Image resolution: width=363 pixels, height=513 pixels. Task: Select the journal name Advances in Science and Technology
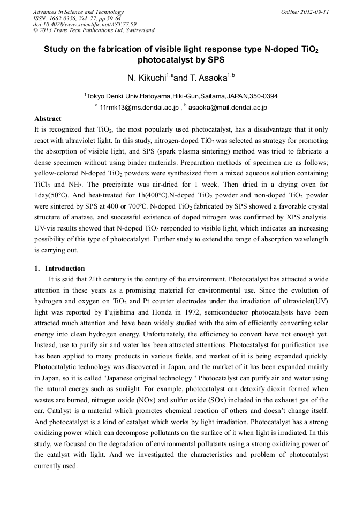coord(78,12)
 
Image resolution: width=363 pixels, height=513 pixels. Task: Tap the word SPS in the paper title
coord(216,60)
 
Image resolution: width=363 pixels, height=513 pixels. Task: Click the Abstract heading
coord(48,118)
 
